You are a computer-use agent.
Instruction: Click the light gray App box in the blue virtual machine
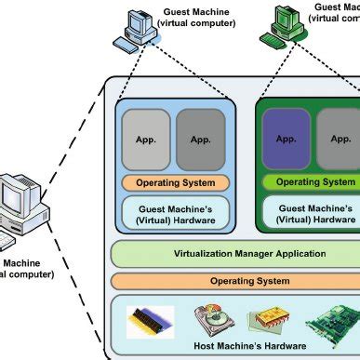click(145, 140)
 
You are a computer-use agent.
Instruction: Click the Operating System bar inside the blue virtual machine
click(174, 182)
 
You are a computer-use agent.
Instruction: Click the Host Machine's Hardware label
click(236, 346)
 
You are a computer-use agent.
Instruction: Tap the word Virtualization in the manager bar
click(200, 253)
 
